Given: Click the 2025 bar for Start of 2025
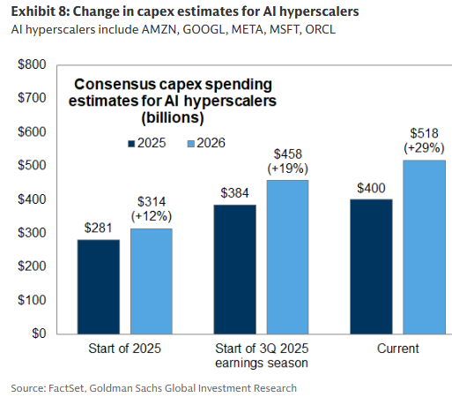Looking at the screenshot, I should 99,286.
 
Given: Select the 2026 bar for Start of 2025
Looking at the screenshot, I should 152,281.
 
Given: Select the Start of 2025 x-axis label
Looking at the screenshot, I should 125,349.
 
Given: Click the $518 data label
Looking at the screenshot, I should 424,132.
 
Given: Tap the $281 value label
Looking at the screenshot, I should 99,228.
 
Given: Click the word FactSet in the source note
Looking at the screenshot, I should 71,387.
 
